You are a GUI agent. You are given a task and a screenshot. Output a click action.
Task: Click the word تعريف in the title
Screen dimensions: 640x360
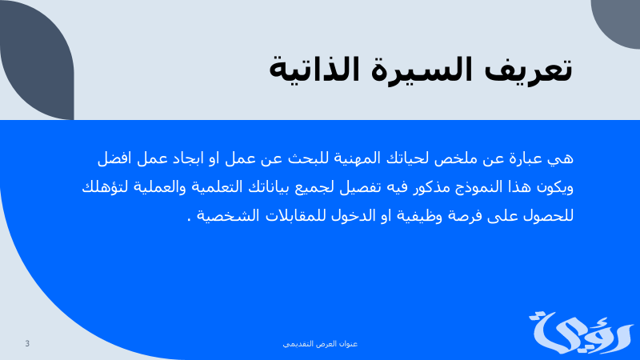click(x=528, y=70)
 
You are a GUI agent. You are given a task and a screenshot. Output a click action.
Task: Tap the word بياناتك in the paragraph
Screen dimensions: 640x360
click(x=266, y=187)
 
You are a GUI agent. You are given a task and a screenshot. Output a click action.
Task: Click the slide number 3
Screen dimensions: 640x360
click(x=27, y=344)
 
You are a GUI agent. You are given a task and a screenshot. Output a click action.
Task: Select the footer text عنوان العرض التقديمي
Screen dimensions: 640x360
click(x=320, y=344)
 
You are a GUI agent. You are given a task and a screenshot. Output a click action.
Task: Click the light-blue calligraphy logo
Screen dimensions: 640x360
click(x=582, y=333)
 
